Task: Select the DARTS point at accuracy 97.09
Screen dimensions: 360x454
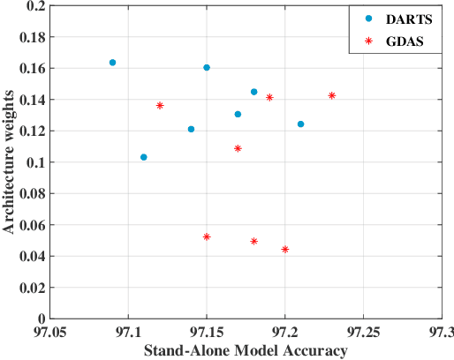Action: click(x=112, y=63)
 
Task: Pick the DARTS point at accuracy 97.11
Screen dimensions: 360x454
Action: click(x=144, y=157)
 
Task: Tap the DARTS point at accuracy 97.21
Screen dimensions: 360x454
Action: click(x=301, y=124)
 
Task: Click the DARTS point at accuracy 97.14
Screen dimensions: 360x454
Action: click(x=191, y=129)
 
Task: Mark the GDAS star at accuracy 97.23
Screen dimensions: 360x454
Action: click(x=332, y=95)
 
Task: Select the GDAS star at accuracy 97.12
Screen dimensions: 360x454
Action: click(x=160, y=105)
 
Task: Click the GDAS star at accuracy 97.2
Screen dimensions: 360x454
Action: click(x=285, y=250)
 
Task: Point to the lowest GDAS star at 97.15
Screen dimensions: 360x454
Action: click(x=207, y=236)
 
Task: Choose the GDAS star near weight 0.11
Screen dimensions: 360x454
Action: click(x=238, y=148)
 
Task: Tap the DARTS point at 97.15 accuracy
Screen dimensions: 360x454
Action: click(x=207, y=68)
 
